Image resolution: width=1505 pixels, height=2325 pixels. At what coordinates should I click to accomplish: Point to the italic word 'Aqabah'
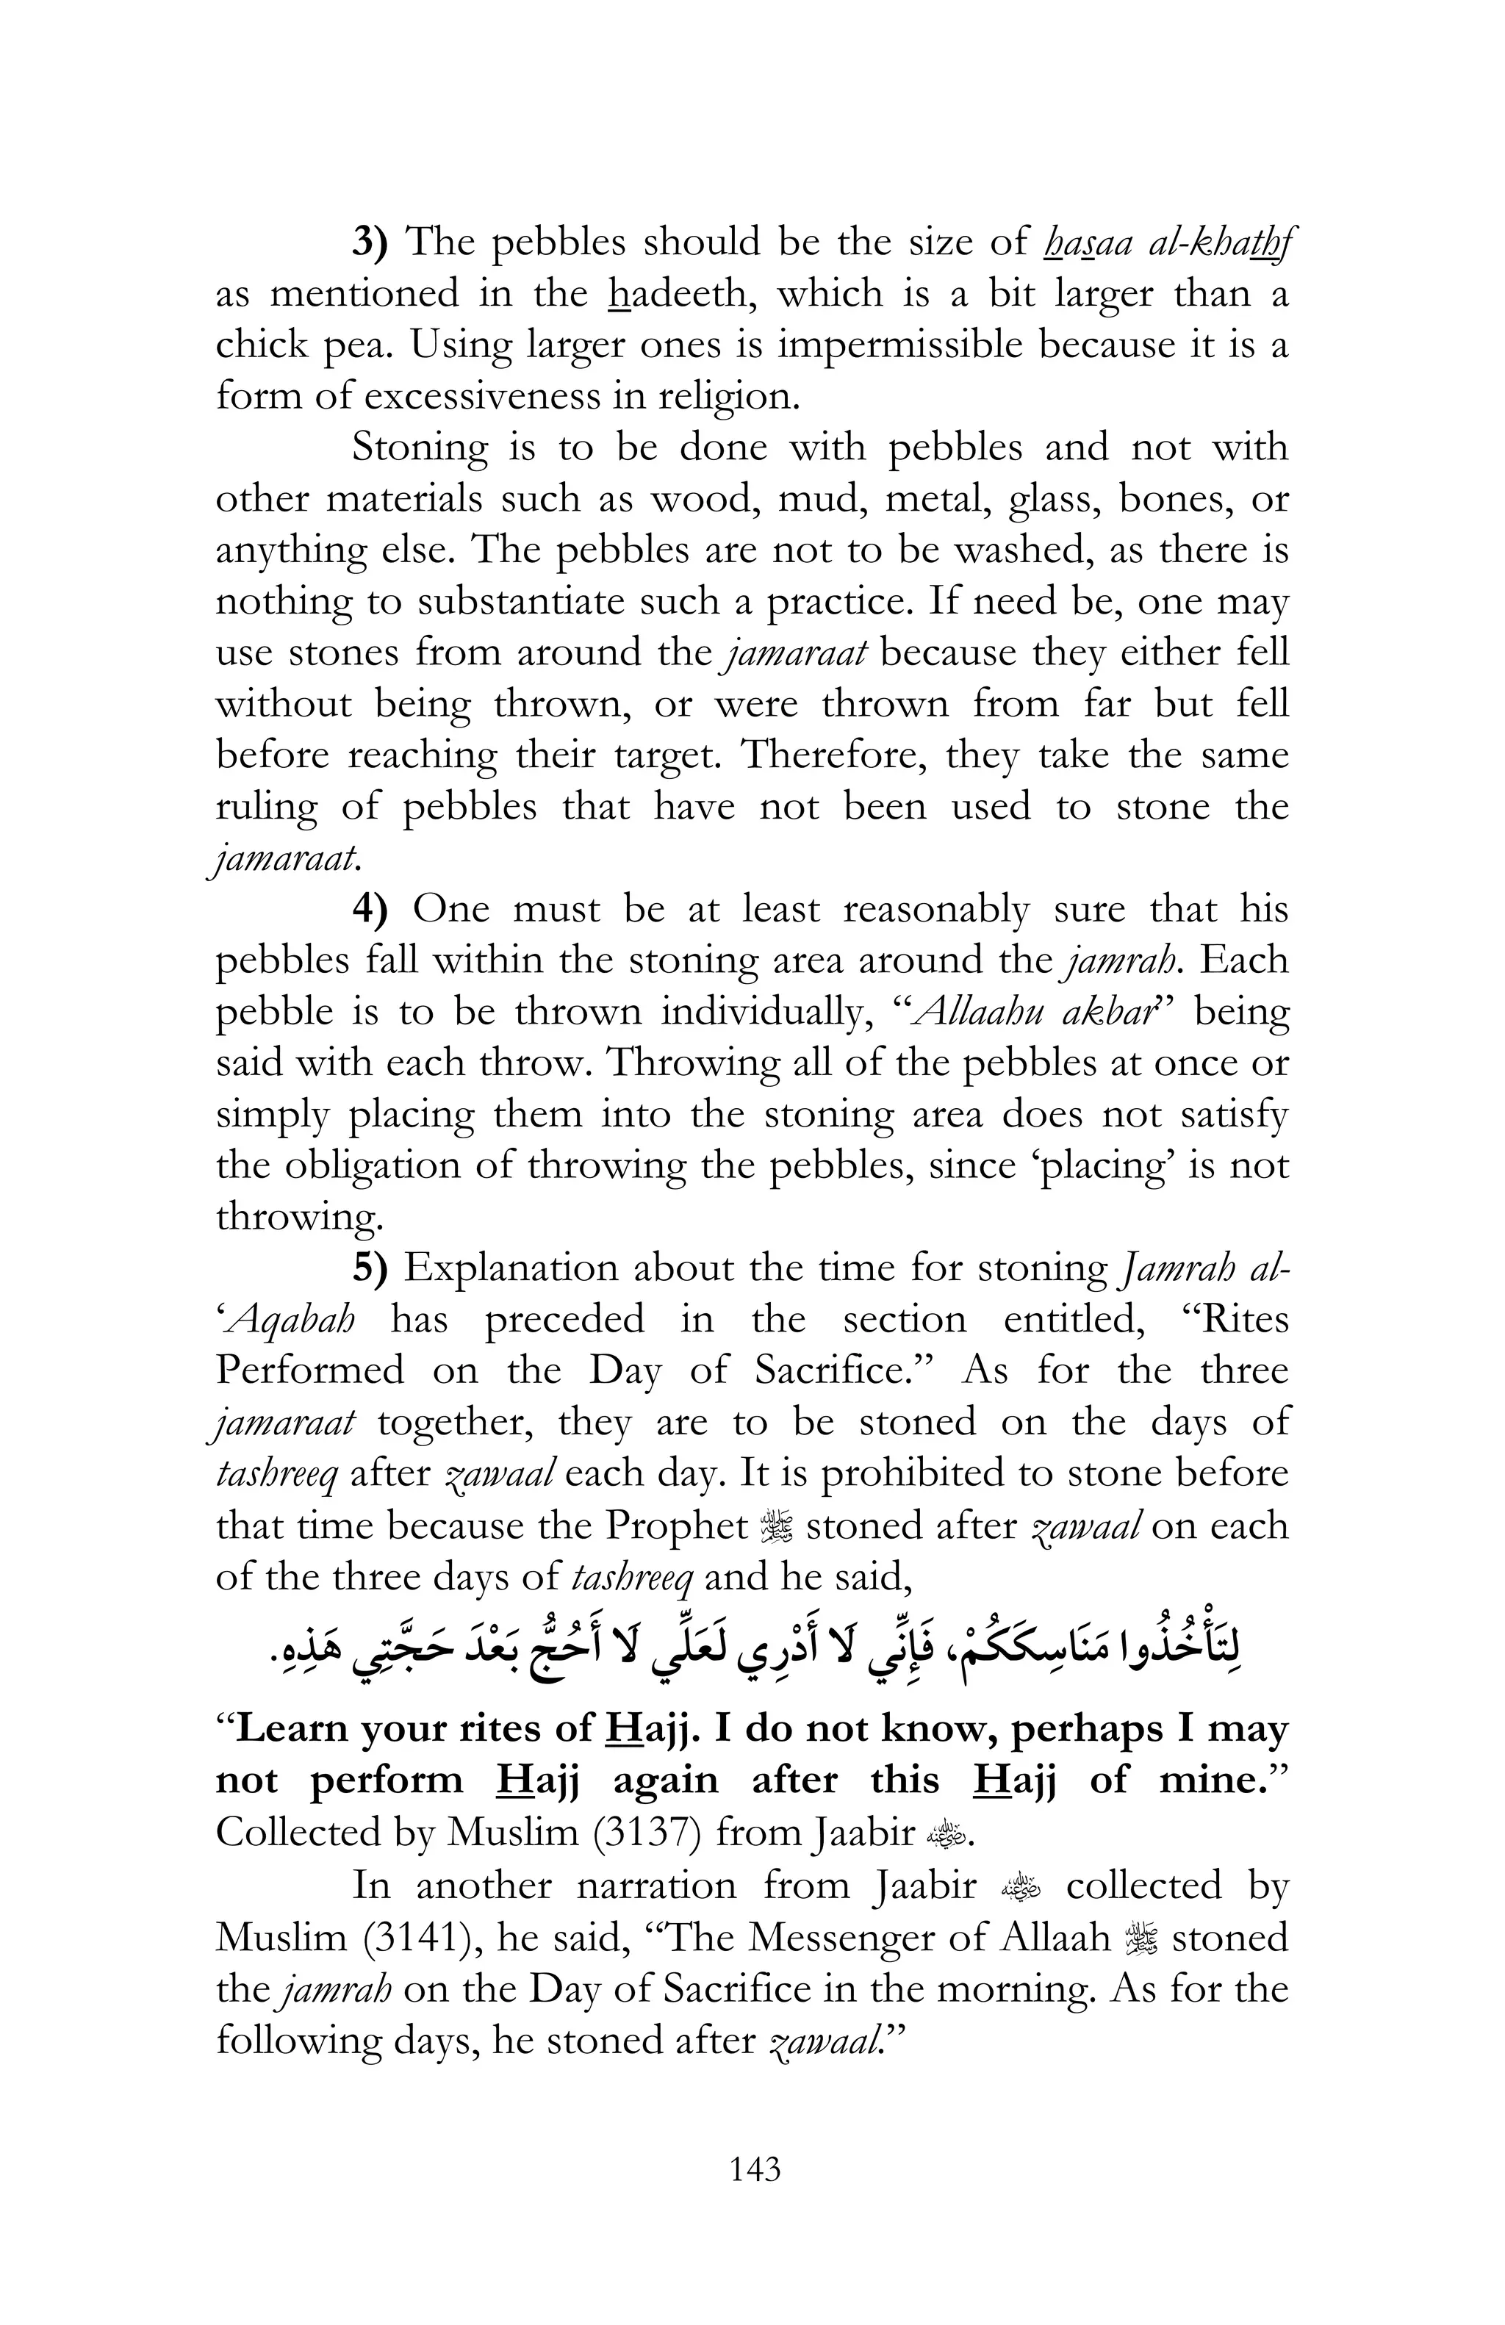[288, 1320]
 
